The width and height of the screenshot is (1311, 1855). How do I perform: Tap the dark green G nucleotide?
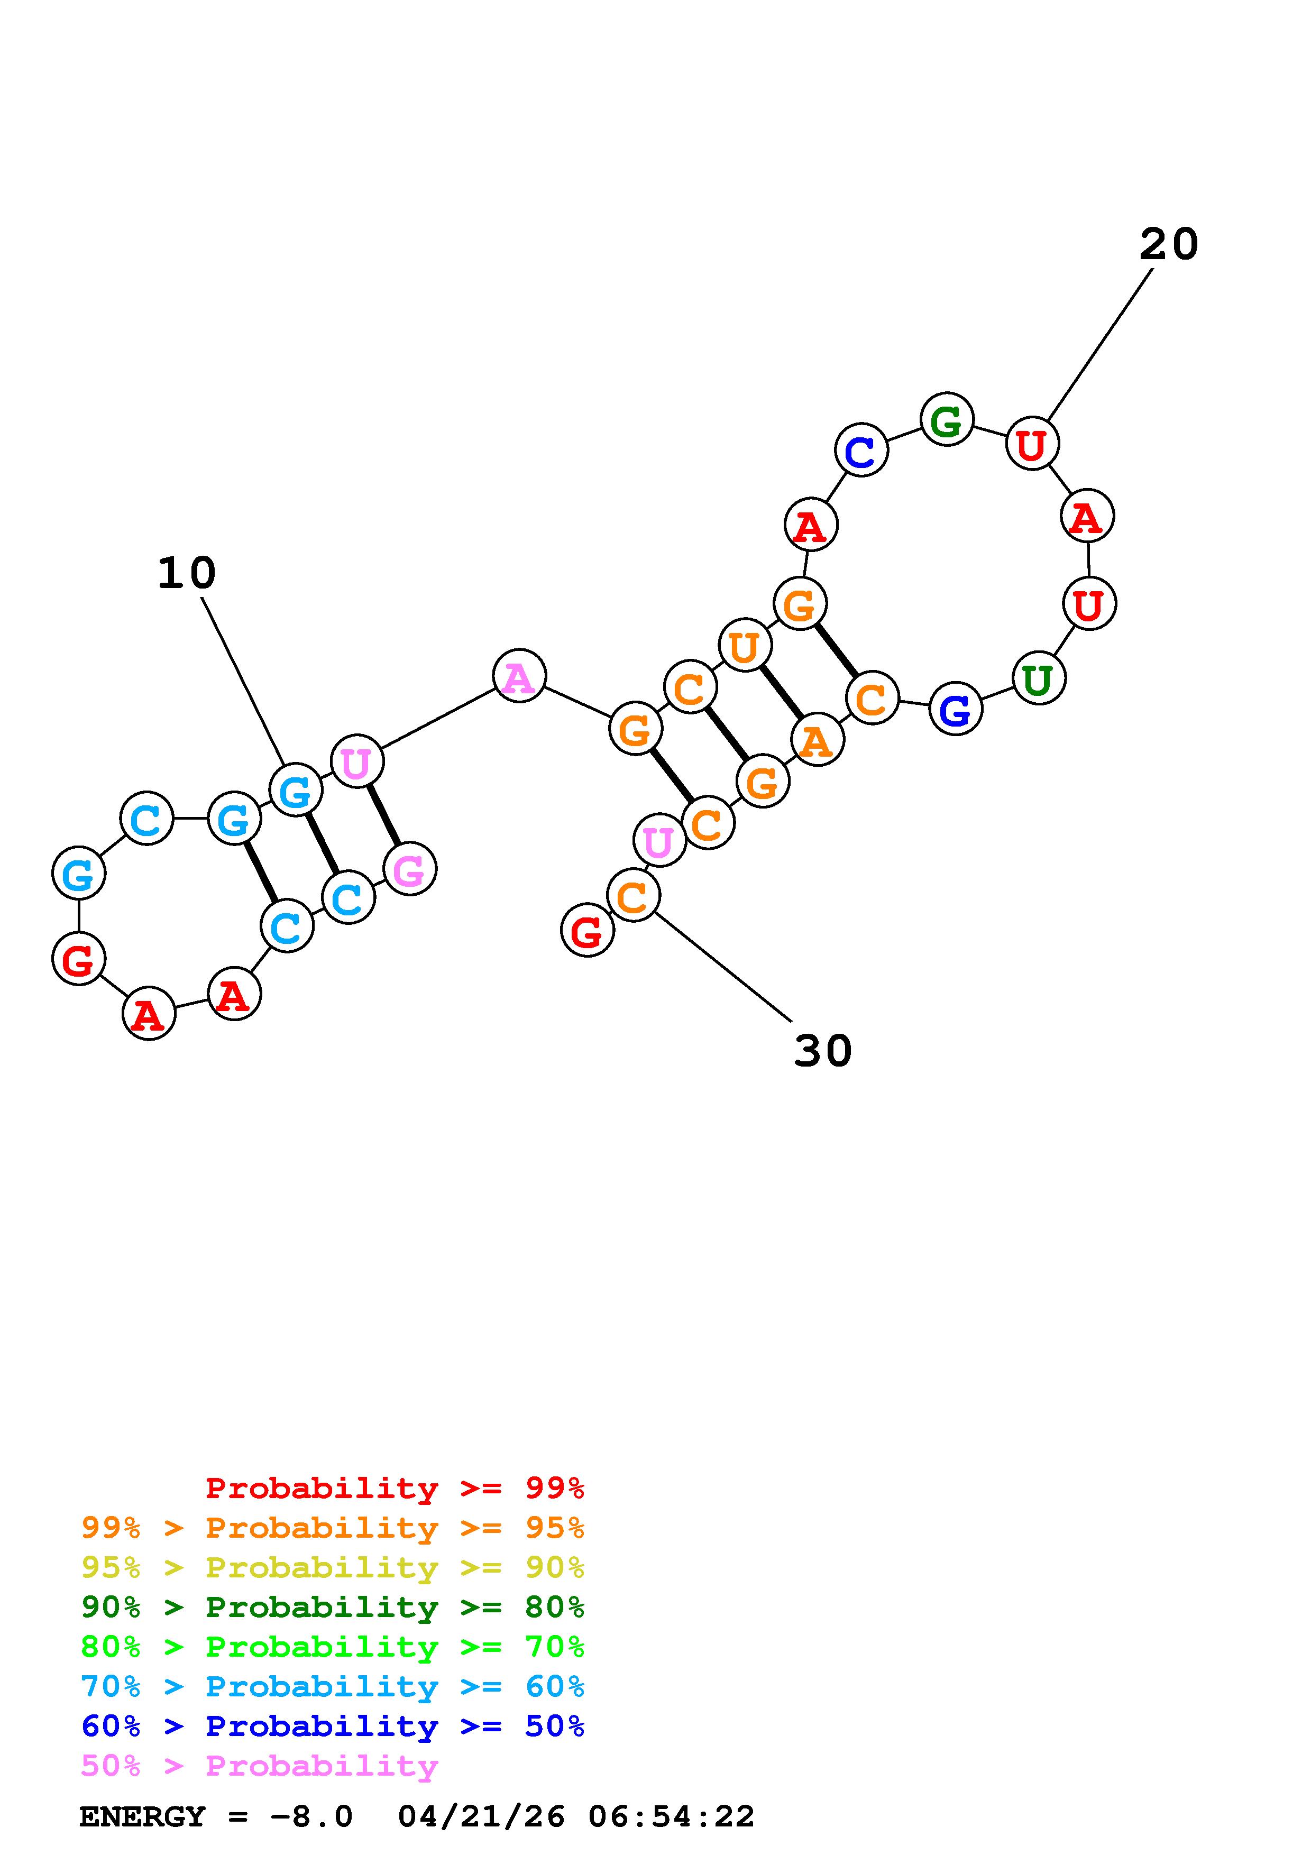(x=947, y=419)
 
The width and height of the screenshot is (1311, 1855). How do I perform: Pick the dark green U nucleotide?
(x=1039, y=678)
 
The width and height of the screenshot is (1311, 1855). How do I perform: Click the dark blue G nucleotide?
(x=956, y=709)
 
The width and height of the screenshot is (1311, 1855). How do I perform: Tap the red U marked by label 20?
(x=1032, y=444)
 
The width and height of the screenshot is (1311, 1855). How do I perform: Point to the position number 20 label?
(x=1168, y=243)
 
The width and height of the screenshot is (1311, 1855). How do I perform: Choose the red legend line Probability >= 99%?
(x=395, y=1487)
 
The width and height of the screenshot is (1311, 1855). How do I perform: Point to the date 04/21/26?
(x=481, y=1817)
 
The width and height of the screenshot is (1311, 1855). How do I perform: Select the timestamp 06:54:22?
(x=671, y=1817)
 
